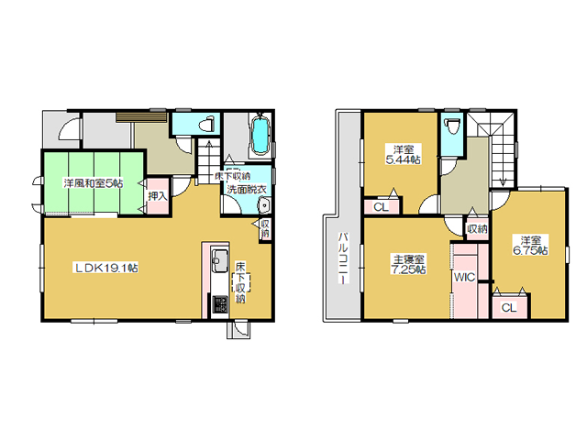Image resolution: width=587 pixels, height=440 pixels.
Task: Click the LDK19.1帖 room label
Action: (x=106, y=268)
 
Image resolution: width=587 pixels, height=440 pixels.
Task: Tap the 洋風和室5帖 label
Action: (x=94, y=183)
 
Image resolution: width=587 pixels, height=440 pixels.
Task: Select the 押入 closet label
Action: (x=157, y=195)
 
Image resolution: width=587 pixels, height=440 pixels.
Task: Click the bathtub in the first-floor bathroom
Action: (x=260, y=136)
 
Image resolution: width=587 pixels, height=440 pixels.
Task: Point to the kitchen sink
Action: (x=220, y=260)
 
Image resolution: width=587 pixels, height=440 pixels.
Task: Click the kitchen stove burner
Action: (x=220, y=304)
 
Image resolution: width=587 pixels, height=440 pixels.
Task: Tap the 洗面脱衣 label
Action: (x=247, y=190)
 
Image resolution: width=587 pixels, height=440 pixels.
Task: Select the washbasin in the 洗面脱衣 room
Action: (x=264, y=206)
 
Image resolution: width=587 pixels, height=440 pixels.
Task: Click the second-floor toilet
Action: (x=452, y=126)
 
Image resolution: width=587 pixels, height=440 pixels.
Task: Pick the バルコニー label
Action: (x=343, y=258)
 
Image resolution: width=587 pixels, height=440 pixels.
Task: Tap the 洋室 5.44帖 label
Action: (x=404, y=154)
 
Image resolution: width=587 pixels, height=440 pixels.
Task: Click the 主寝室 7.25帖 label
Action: (x=408, y=264)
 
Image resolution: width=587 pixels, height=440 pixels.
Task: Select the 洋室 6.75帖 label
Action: (x=530, y=245)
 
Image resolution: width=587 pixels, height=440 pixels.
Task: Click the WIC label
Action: (x=464, y=277)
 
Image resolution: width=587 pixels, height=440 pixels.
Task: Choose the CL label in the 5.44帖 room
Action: (x=382, y=207)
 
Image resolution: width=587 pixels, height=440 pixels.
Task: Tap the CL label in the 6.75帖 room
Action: (x=509, y=308)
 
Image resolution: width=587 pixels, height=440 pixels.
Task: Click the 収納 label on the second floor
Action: (x=478, y=228)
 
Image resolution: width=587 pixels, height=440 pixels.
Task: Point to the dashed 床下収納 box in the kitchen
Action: (x=240, y=283)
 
